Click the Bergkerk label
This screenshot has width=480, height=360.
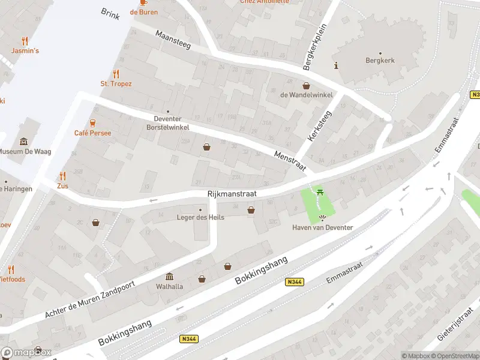tap(380, 61)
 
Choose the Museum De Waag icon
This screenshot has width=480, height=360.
tap(24, 142)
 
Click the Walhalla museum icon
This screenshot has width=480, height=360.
tap(170, 276)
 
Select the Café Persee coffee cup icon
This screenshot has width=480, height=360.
tap(93, 123)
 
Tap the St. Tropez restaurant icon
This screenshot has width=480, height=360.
tap(116, 74)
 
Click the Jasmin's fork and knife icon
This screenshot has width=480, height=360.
tap(25, 41)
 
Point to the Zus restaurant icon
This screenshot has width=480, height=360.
tap(62, 176)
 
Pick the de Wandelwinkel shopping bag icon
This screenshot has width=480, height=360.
tap(306, 86)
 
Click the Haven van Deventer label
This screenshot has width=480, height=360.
tap(323, 227)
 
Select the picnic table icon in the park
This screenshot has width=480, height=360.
tap(320, 192)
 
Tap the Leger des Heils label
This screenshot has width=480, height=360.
tap(200, 217)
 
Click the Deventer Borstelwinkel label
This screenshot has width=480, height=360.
tap(169, 123)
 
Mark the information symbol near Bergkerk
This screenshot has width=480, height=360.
tap(336, 65)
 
